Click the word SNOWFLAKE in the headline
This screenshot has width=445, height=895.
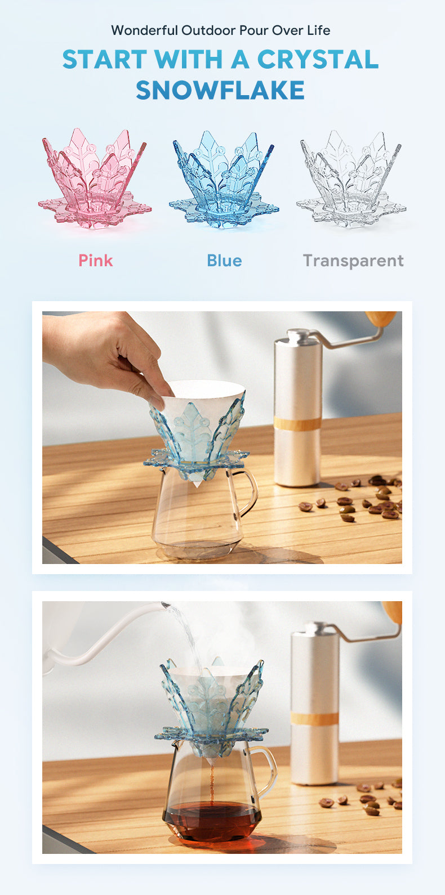pos(220,90)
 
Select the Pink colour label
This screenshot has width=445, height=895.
pos(96,261)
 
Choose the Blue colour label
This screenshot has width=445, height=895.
pos(224,261)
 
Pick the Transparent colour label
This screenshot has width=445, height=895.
pos(353,261)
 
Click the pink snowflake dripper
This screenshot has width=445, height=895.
pos(95,178)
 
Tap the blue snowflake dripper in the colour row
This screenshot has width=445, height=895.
pos(224,180)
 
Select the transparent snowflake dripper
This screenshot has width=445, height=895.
pos(351,179)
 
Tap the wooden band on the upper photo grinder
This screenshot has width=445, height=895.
pos(297,423)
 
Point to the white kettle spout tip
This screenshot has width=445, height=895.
pos(164,605)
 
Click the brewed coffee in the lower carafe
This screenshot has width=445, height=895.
pos(212,820)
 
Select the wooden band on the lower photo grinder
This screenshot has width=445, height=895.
pos(315,718)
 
